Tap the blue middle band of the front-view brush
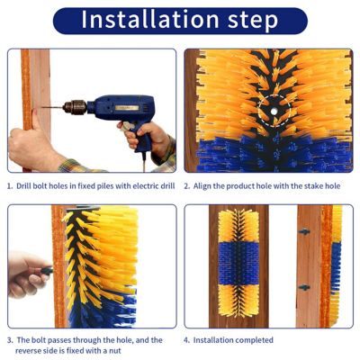coord(238,262)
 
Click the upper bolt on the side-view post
coord(306,232)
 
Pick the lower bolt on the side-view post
coord(306,288)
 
